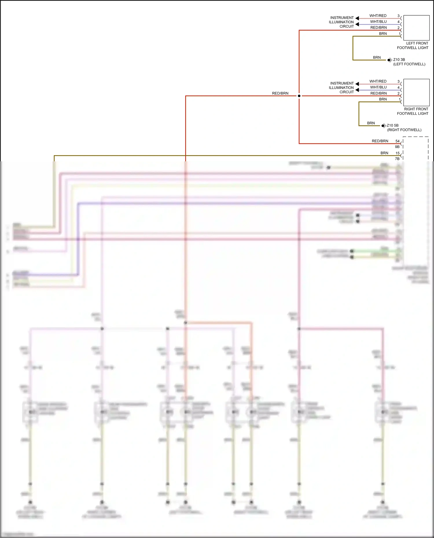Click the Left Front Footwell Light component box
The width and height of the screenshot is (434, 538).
(416, 28)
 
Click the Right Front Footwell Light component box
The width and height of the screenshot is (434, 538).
(416, 93)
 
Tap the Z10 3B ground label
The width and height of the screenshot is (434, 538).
(399, 60)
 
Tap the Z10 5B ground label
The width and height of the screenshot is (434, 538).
(393, 125)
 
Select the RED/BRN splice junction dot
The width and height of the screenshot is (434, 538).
(299, 96)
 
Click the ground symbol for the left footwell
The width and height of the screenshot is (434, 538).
(390, 60)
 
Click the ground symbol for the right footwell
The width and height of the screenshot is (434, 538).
(383, 125)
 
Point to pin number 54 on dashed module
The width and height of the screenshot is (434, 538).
(398, 141)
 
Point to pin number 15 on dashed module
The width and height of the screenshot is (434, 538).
(398, 153)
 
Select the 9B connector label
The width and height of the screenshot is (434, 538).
(397, 147)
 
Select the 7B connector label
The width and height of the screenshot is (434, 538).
(397, 159)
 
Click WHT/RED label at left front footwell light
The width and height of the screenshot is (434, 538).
(378, 16)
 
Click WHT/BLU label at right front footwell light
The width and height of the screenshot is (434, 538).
(378, 87)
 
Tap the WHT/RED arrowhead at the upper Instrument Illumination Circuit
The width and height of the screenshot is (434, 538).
(357, 18)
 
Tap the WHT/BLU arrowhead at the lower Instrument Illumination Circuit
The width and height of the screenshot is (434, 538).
(357, 90)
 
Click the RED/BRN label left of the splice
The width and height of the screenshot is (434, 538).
(280, 93)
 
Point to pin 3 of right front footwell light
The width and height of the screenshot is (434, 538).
(398, 82)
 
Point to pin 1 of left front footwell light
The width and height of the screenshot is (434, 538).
(400, 34)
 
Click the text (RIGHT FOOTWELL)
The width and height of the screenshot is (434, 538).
(404, 130)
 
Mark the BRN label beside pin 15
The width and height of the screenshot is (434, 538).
(384, 153)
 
